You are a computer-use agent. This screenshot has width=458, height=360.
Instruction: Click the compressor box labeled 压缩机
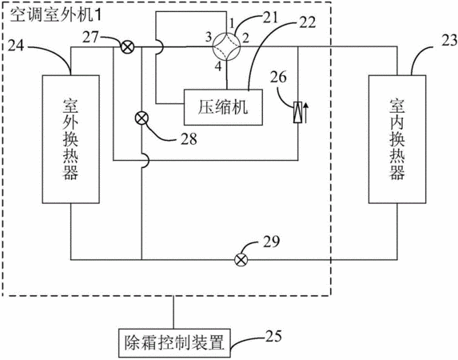click(x=223, y=107)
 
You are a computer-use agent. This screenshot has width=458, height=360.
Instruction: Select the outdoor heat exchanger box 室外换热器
click(x=71, y=139)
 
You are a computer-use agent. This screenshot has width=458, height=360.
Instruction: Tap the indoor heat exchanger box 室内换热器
click(x=397, y=139)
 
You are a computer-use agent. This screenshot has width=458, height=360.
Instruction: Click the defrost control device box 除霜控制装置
click(x=174, y=343)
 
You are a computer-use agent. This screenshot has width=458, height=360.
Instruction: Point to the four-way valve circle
click(x=226, y=46)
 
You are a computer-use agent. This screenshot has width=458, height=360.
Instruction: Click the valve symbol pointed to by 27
click(x=127, y=47)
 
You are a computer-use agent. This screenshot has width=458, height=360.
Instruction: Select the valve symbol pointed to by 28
click(x=141, y=118)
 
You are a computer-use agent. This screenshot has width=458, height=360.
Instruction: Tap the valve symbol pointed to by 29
click(x=241, y=259)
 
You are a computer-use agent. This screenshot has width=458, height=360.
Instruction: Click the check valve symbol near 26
click(x=297, y=112)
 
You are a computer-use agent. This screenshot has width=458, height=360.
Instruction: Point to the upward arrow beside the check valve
click(x=305, y=112)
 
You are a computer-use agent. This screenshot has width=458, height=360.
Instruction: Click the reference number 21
click(x=269, y=18)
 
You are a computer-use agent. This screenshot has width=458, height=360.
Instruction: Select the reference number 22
click(x=307, y=22)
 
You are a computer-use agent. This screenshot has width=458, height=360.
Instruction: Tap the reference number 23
click(x=449, y=40)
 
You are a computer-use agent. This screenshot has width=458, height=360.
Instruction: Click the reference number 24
click(x=16, y=46)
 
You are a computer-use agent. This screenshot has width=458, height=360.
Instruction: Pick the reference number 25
click(x=273, y=336)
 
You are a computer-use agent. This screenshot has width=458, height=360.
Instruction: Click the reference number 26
click(x=278, y=78)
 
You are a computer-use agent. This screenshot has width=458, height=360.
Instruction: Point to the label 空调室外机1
click(x=56, y=15)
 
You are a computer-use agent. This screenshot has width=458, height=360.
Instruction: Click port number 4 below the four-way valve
click(x=218, y=66)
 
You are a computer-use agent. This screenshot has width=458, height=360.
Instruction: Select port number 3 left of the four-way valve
click(x=209, y=37)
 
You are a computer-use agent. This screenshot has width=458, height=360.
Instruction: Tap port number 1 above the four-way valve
click(x=232, y=22)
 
